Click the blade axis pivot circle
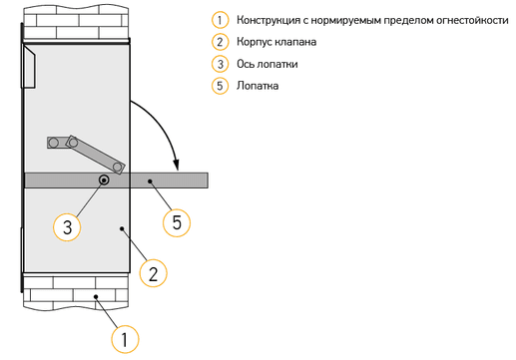(104, 180)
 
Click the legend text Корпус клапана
(276, 42)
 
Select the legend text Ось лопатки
(267, 64)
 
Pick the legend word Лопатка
(258, 86)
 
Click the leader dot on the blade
(150, 181)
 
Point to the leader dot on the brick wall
(96, 296)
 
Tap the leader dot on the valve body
(122, 228)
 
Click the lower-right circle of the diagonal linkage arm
(117, 167)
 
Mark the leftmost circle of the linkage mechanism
(53, 143)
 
